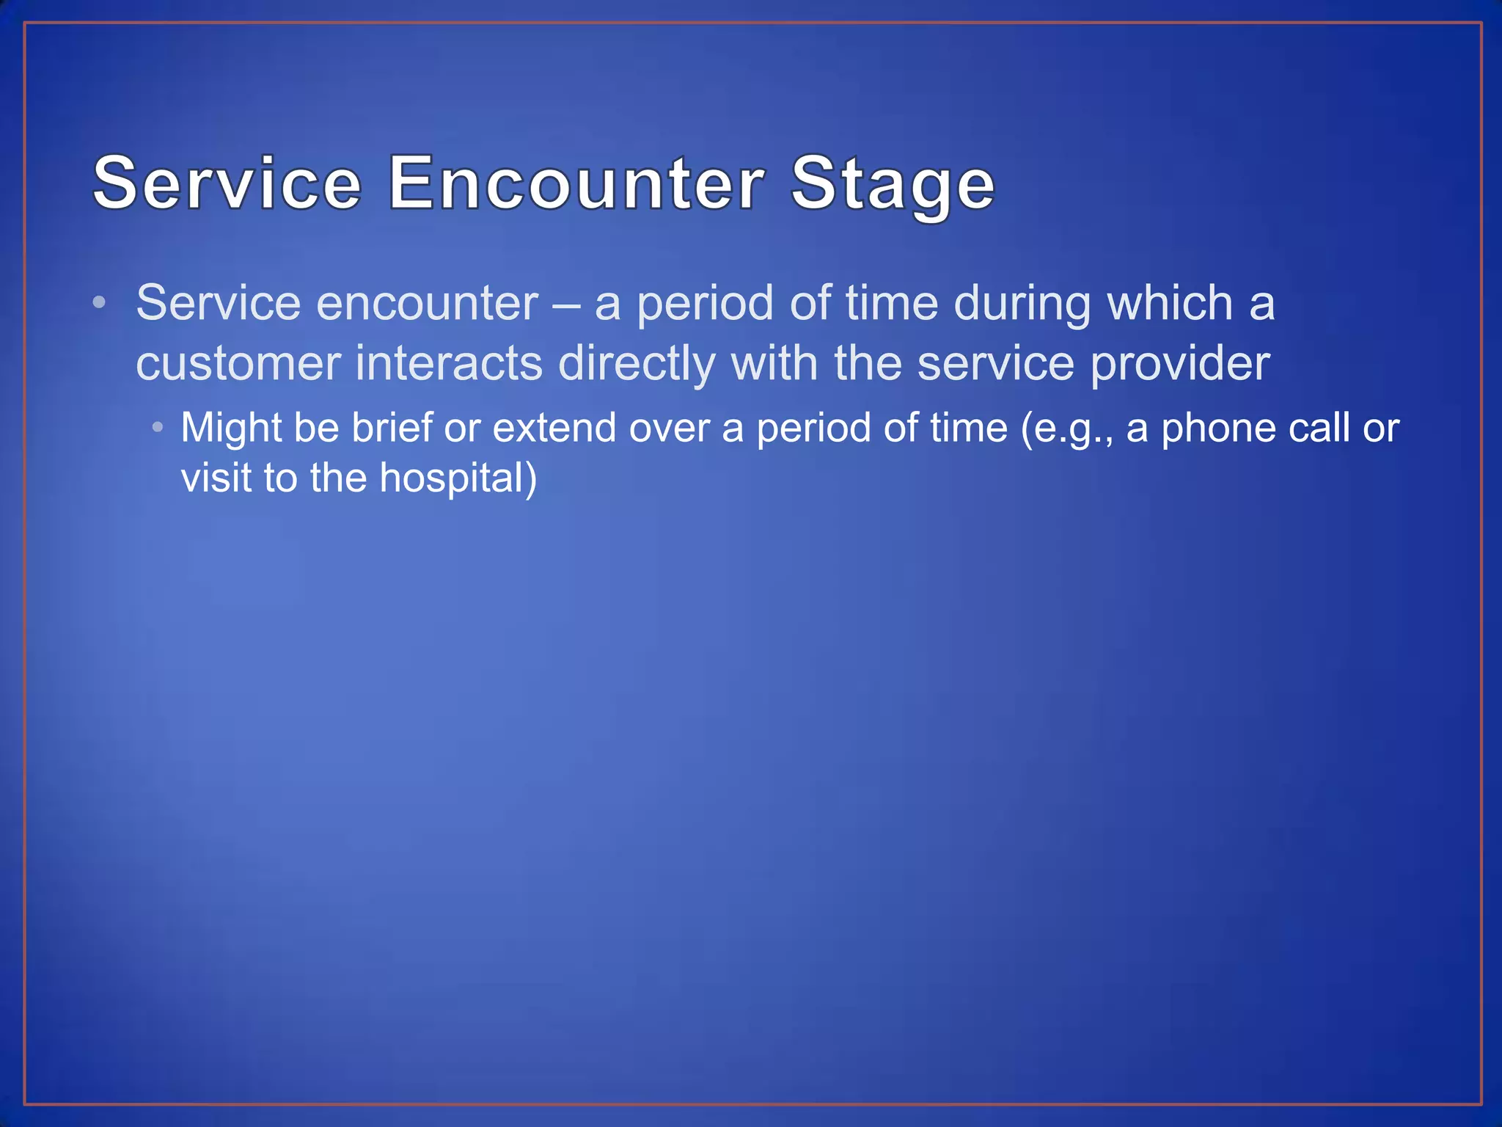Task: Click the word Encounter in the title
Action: point(576,183)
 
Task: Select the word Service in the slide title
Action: point(227,183)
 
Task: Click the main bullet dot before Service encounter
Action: point(100,302)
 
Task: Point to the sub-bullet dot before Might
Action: point(158,426)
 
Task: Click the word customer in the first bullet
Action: point(238,363)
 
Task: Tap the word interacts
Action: point(448,363)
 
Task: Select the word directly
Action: point(636,365)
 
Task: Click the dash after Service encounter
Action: point(565,304)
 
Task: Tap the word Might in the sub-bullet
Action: point(231,428)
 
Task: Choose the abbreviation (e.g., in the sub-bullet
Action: point(1067,428)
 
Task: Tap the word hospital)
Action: point(458,478)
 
